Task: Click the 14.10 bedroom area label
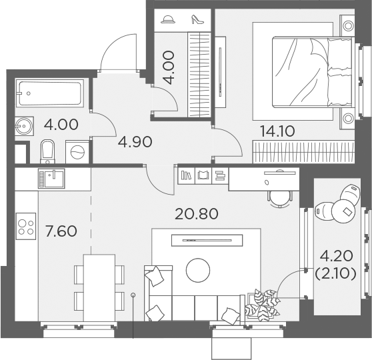pos(277,130)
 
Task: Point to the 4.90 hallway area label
pos(136,141)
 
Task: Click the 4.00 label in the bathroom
pos(61,125)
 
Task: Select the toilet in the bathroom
pos(47,151)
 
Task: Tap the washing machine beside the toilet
pos(77,151)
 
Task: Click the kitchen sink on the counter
pos(51,178)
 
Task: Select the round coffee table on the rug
pos(198,269)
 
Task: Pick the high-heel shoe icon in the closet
pos(197,20)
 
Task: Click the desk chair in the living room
pos(281,196)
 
